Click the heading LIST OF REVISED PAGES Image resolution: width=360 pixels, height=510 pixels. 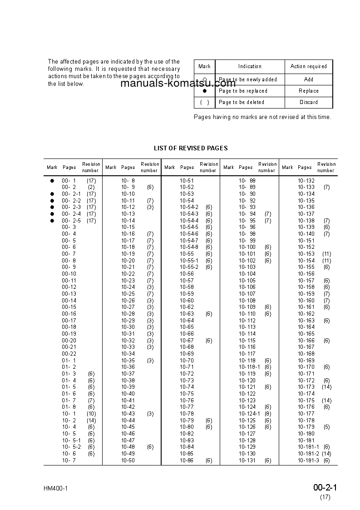point(191,148)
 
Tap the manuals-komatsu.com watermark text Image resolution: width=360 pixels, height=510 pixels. point(178,83)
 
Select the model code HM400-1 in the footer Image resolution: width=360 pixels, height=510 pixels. point(56,489)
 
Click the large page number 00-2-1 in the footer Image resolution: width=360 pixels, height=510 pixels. point(325,488)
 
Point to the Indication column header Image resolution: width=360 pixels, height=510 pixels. point(250,66)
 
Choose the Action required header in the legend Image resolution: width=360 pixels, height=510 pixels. point(308,66)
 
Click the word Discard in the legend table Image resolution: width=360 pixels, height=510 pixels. point(308,102)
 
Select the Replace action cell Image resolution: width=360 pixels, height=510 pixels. point(308,91)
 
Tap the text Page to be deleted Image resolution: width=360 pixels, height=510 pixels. point(241,102)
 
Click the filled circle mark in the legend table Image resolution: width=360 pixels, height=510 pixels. point(204,91)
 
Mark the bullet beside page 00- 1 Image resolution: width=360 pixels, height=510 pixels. point(52,181)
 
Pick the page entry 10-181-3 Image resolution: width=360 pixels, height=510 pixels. point(308,460)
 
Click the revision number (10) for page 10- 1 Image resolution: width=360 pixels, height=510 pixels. point(91,414)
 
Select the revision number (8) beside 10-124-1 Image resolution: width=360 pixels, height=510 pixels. point(268,414)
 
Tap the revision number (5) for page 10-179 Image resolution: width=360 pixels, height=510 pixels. point(326,427)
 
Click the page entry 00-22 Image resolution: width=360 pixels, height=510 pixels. point(69,354)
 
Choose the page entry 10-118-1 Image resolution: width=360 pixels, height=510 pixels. point(249,367)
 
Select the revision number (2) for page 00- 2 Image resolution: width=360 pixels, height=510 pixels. point(91,187)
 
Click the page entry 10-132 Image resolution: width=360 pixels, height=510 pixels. point(306,181)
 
